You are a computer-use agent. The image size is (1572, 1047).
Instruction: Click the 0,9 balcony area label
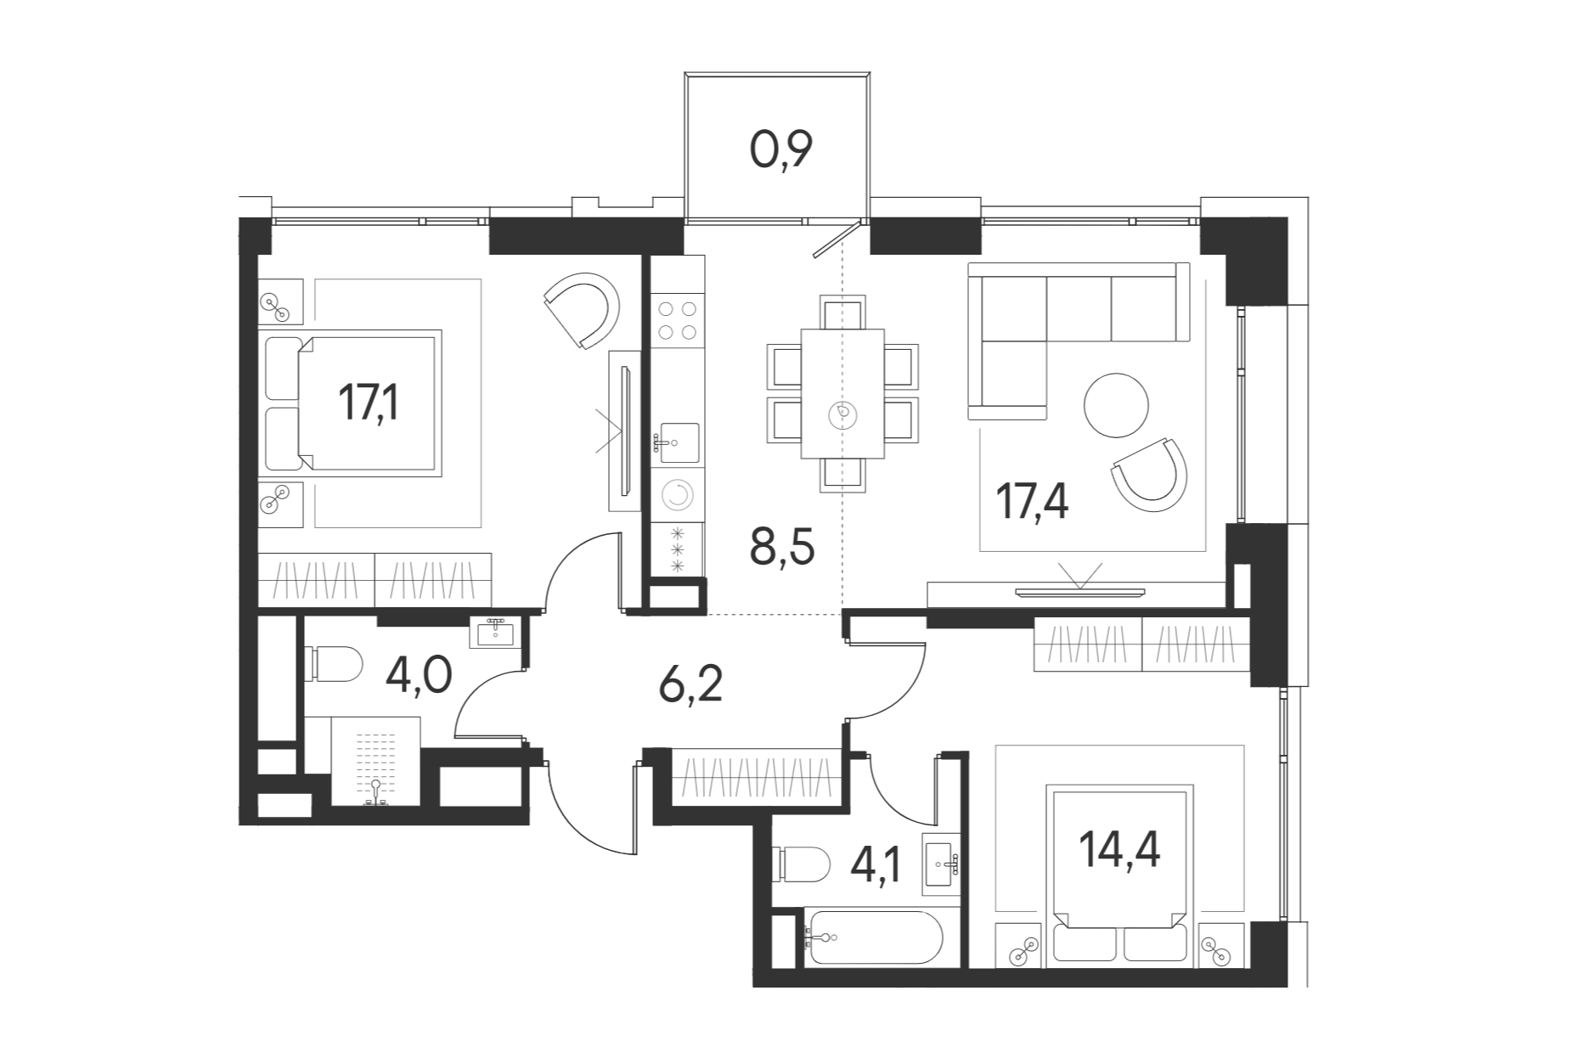781,150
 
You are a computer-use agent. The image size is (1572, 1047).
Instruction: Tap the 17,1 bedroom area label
369,402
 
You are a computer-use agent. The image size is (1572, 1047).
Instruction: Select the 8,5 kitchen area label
782,547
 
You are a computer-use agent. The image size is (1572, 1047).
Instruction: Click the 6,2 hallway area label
690,684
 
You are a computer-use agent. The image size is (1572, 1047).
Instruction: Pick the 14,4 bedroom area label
1119,849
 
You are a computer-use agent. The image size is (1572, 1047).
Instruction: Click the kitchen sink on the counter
678,442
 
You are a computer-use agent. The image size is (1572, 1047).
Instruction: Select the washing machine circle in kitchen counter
677,496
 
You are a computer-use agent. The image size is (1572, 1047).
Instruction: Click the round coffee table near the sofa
1116,405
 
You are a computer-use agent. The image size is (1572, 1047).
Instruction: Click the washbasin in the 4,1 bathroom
941,865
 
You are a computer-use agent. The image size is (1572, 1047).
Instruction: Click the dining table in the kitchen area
842,393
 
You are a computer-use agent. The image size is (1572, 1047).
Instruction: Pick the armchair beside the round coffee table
1149,475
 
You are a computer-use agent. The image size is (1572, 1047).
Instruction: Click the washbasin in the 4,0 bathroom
495,632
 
